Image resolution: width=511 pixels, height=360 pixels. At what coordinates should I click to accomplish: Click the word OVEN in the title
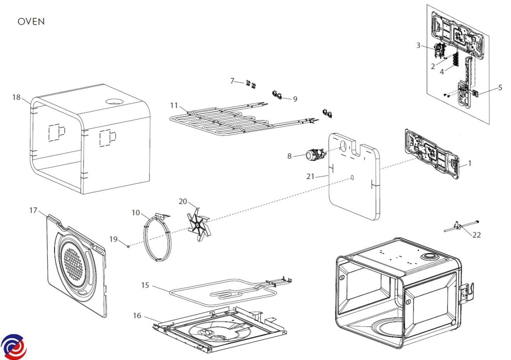tap(31, 22)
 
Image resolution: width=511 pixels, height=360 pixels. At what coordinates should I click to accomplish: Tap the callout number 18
tap(17, 98)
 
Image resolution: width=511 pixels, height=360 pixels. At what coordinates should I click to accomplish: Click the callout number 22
tap(477, 235)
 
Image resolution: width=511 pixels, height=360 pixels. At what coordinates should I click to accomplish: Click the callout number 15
tap(145, 285)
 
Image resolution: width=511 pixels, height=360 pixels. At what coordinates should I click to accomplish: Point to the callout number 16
tap(137, 316)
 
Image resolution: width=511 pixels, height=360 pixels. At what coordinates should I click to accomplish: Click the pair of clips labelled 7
tap(250, 84)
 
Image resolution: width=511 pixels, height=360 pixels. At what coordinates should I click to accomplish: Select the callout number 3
tap(418, 45)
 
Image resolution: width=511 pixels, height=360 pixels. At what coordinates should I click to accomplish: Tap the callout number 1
tap(470, 163)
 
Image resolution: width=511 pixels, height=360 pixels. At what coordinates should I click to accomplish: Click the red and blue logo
tap(13, 346)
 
